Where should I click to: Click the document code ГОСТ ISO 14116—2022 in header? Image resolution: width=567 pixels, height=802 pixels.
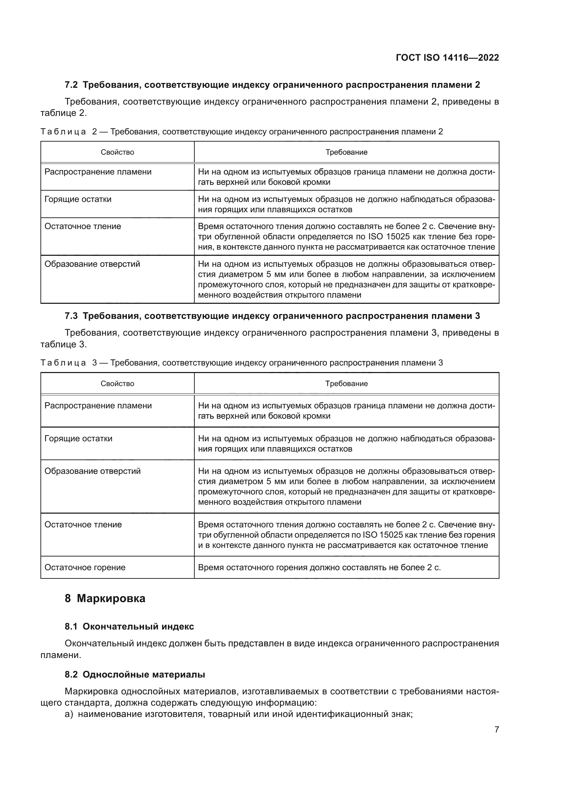(x=447, y=58)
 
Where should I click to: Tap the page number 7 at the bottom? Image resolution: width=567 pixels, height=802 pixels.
(x=496, y=729)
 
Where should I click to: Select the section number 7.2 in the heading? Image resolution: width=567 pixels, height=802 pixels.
(x=71, y=85)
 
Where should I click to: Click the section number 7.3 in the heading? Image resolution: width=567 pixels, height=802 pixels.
(x=71, y=316)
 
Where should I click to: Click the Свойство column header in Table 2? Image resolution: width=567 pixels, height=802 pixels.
(x=117, y=152)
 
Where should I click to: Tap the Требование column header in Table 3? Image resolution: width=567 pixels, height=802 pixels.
(x=346, y=384)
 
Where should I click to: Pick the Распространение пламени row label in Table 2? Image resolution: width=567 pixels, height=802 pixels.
(x=98, y=172)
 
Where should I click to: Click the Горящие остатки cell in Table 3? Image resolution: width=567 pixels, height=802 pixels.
(x=79, y=439)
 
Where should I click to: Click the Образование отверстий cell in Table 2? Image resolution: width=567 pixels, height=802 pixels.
(x=92, y=264)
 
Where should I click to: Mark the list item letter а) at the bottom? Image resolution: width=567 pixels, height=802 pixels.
(x=69, y=714)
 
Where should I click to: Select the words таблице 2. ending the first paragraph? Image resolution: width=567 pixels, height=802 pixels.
(x=63, y=113)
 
